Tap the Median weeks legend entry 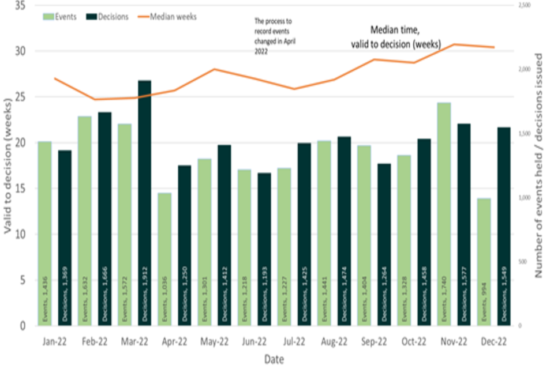click(167, 17)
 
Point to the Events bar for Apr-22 click(164, 259)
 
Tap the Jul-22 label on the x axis click(294, 341)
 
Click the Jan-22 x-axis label click(54, 341)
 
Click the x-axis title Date click(274, 359)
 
